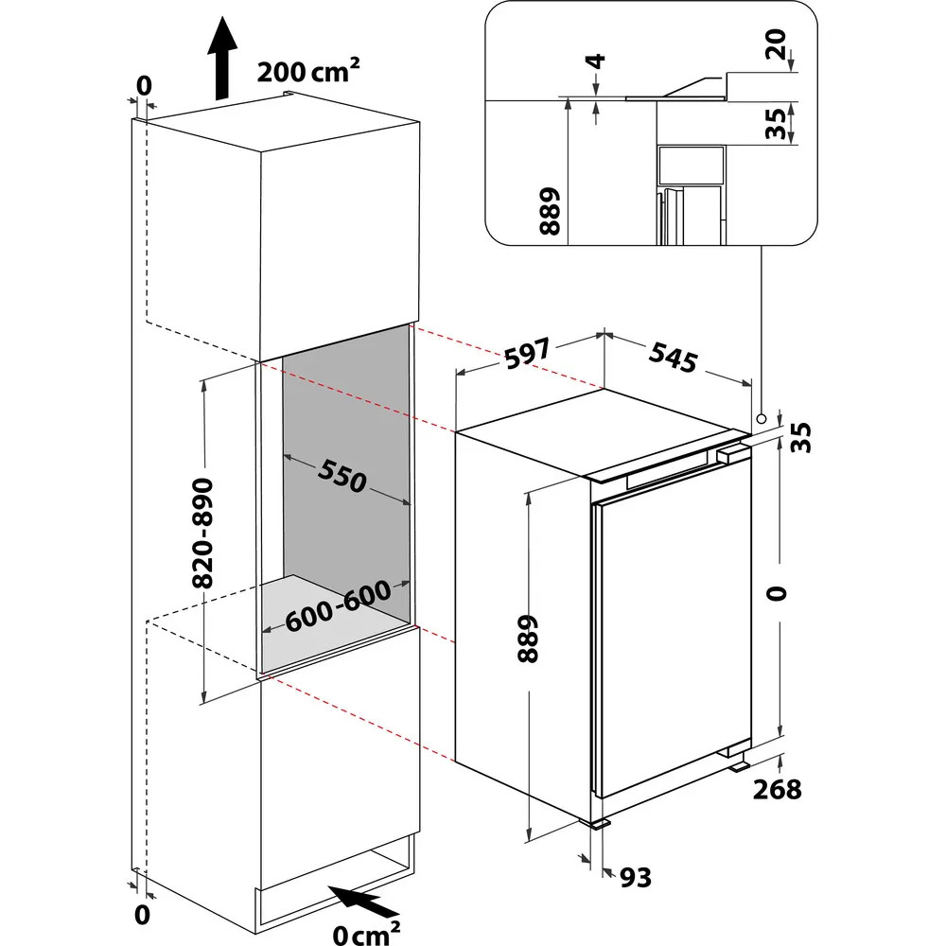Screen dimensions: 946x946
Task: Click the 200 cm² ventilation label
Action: [x=308, y=73]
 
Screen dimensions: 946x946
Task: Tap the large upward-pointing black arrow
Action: [x=221, y=58]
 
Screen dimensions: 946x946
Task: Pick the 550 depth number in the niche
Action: [x=341, y=475]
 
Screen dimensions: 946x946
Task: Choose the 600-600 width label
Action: [x=338, y=605]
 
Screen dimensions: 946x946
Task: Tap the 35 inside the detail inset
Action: [x=777, y=123]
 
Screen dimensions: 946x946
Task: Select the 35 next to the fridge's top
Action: [x=801, y=436]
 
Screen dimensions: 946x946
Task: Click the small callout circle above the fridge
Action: [x=762, y=417]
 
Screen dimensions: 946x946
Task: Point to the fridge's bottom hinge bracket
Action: [x=736, y=756]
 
